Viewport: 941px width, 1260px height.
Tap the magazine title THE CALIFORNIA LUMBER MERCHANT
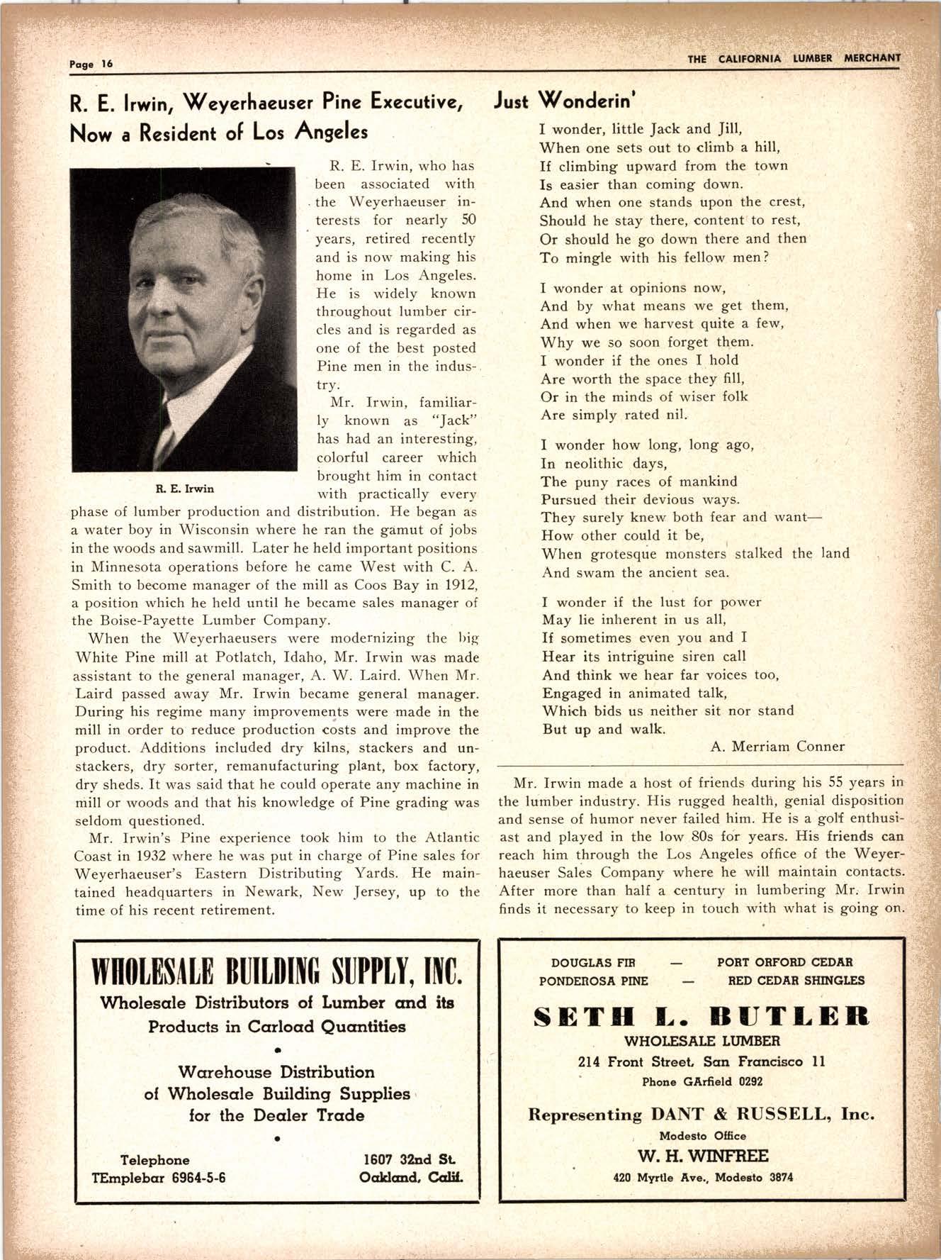pos(794,59)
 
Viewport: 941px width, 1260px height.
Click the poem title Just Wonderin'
pos(564,101)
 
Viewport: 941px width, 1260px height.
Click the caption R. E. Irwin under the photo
pos(184,489)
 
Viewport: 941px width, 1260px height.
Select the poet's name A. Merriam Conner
pos(777,746)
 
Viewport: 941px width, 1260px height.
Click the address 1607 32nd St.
pos(409,1160)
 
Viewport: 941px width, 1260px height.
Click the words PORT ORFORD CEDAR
pos(784,962)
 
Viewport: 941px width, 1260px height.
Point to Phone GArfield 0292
pos(701,1081)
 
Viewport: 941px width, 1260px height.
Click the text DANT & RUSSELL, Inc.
pos(762,1114)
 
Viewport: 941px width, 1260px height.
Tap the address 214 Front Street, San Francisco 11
pos(701,1062)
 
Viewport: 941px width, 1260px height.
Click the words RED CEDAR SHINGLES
pos(796,981)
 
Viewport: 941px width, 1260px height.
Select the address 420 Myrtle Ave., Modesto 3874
pos(702,1178)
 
